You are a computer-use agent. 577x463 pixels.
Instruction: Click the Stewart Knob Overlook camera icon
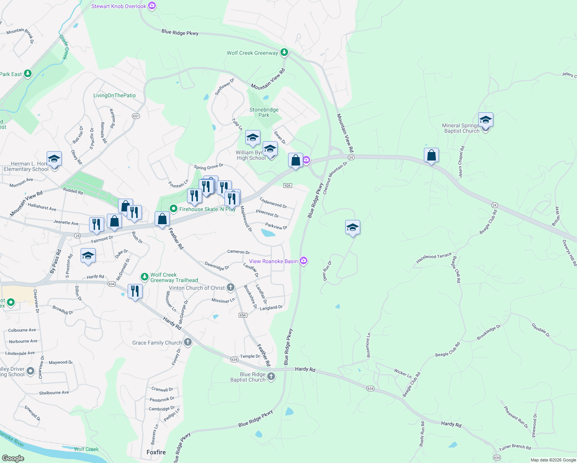click(x=152, y=6)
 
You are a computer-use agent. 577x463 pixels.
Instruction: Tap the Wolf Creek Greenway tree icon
click(x=284, y=52)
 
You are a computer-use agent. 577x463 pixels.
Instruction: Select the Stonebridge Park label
click(x=264, y=112)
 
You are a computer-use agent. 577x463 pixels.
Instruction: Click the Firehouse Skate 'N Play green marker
click(x=174, y=209)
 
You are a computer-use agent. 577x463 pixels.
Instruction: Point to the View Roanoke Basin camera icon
click(x=304, y=261)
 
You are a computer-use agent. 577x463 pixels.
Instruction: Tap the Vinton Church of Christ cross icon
click(x=230, y=287)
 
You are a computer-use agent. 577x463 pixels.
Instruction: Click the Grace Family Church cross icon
click(x=188, y=342)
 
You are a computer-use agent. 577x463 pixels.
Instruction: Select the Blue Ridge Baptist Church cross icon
click(x=271, y=377)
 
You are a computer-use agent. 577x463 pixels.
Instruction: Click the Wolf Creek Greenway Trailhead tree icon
click(x=144, y=277)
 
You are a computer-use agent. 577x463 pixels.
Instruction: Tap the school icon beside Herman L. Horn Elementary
click(x=54, y=159)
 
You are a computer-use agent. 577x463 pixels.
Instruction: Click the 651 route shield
click(x=135, y=116)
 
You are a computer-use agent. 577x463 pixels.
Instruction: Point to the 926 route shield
click(x=287, y=186)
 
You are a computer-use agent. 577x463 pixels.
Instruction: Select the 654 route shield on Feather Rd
click(x=243, y=315)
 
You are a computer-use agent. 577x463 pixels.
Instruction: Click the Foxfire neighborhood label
click(x=156, y=452)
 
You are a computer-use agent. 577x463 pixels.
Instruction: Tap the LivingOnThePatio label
click(x=115, y=95)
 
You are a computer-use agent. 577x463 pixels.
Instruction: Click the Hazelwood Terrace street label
click(x=434, y=258)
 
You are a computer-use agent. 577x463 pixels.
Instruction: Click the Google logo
click(x=13, y=458)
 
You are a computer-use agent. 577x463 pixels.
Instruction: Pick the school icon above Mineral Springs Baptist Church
click(x=486, y=120)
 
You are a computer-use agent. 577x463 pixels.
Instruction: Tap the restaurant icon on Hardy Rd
click(x=135, y=291)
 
